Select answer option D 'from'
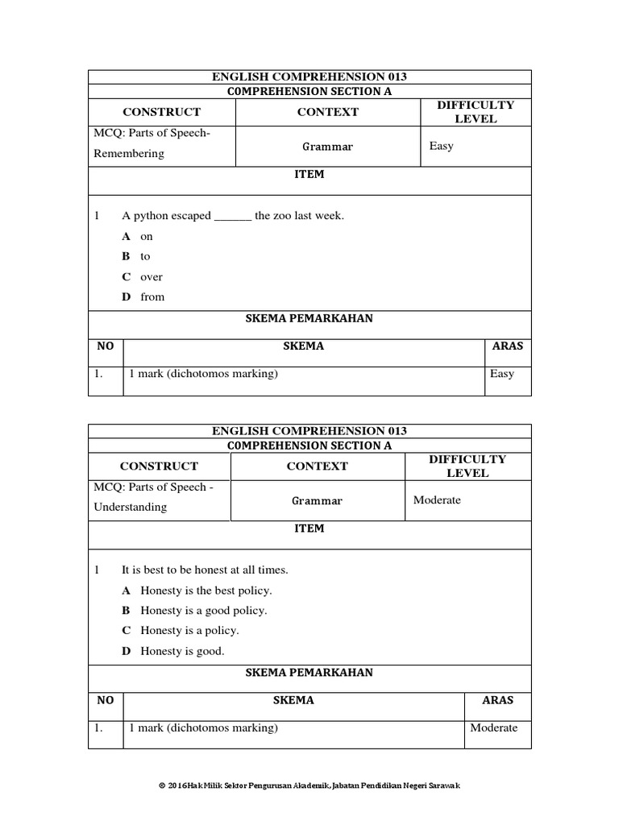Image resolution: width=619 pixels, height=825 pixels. [152, 296]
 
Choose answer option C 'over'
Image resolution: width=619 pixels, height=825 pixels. [151, 276]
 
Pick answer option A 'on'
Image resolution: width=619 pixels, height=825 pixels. [146, 236]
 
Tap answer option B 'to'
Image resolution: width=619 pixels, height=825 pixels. [145, 256]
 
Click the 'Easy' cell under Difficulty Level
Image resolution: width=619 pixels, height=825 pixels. [442, 146]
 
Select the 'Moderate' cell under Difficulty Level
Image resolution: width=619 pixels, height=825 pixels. [437, 500]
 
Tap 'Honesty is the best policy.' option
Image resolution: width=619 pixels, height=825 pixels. [206, 591]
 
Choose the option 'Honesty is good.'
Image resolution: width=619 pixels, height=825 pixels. [182, 651]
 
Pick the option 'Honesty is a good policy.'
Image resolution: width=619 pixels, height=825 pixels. [203, 611]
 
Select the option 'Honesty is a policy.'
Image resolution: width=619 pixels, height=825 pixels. [189, 631]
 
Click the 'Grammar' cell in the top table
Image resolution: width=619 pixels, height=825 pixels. [327, 147]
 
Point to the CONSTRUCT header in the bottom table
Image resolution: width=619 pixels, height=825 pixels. [159, 466]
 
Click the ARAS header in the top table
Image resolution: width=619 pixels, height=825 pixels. [507, 346]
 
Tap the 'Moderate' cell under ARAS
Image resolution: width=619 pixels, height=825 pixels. [494, 728]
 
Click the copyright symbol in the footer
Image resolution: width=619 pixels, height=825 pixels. [161, 786]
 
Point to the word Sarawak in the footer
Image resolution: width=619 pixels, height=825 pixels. [442, 786]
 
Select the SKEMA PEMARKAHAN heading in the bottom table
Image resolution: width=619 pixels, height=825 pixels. [309, 673]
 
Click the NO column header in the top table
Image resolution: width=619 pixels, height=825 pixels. [106, 346]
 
